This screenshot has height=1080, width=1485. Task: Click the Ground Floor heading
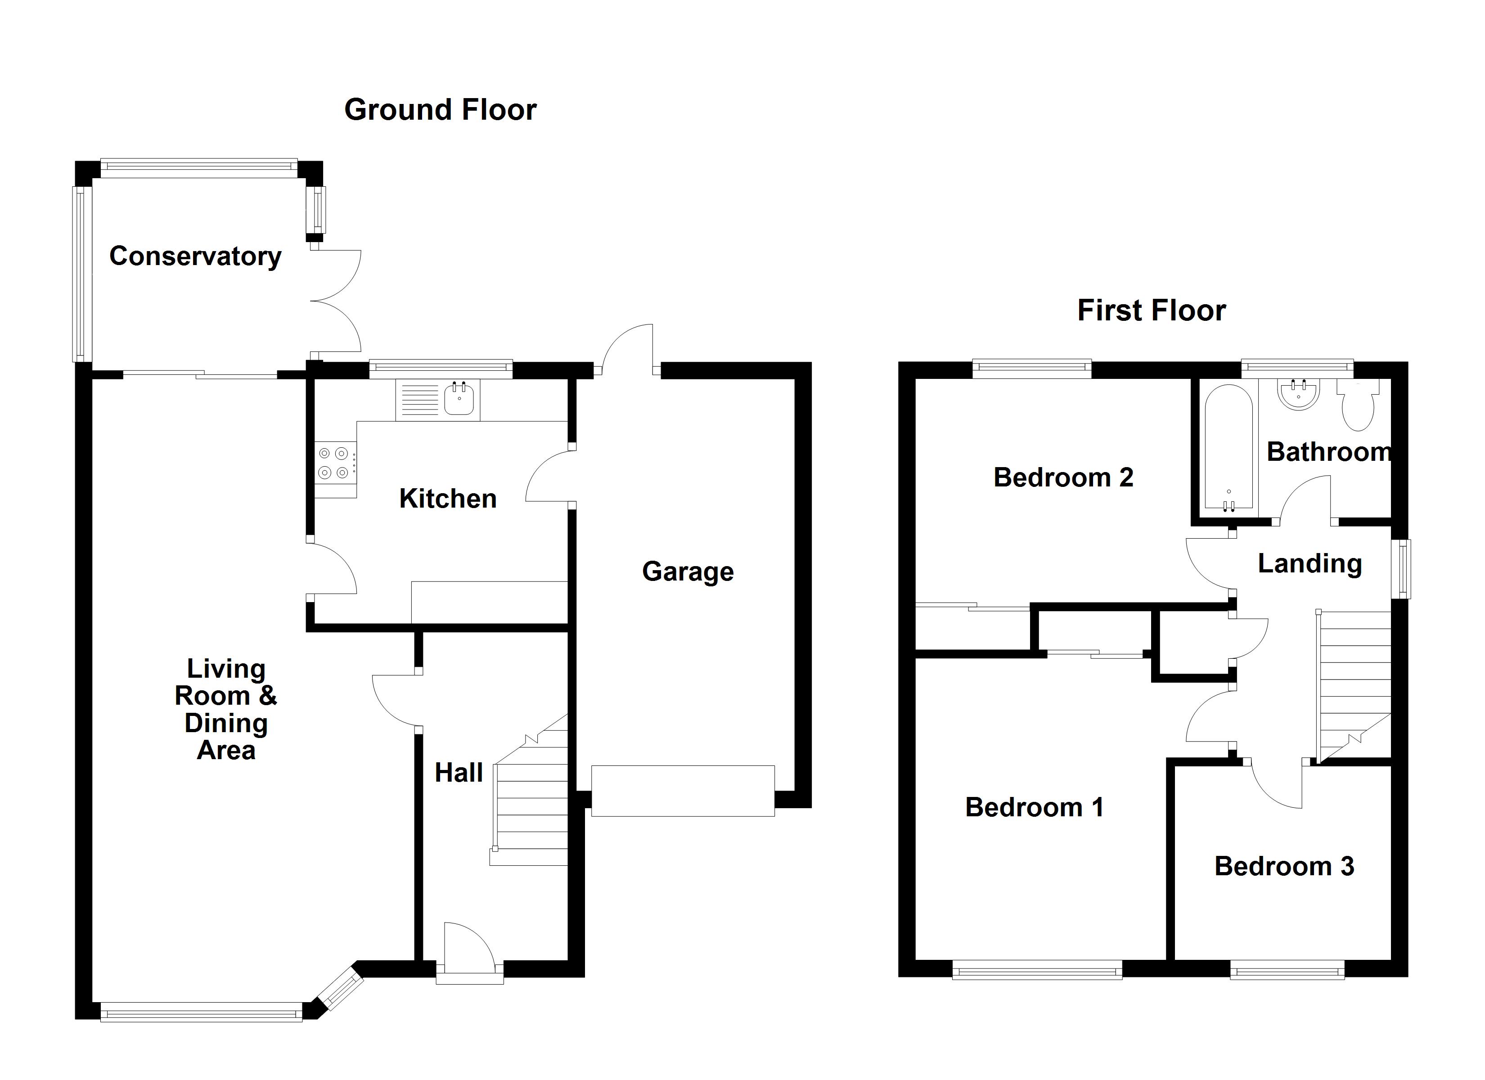[x=440, y=109]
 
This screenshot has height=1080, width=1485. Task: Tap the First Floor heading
[x=1151, y=310]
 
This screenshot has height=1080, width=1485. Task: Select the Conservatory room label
[x=195, y=256]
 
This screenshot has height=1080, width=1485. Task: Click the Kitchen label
[x=448, y=499]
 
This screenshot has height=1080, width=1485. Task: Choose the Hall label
[x=459, y=773]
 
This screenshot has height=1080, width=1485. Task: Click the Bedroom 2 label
[x=1063, y=477]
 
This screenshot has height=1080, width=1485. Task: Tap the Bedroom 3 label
[x=1283, y=867]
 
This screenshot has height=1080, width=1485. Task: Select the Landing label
[x=1309, y=563]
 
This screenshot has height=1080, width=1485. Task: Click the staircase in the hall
[x=531, y=805]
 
